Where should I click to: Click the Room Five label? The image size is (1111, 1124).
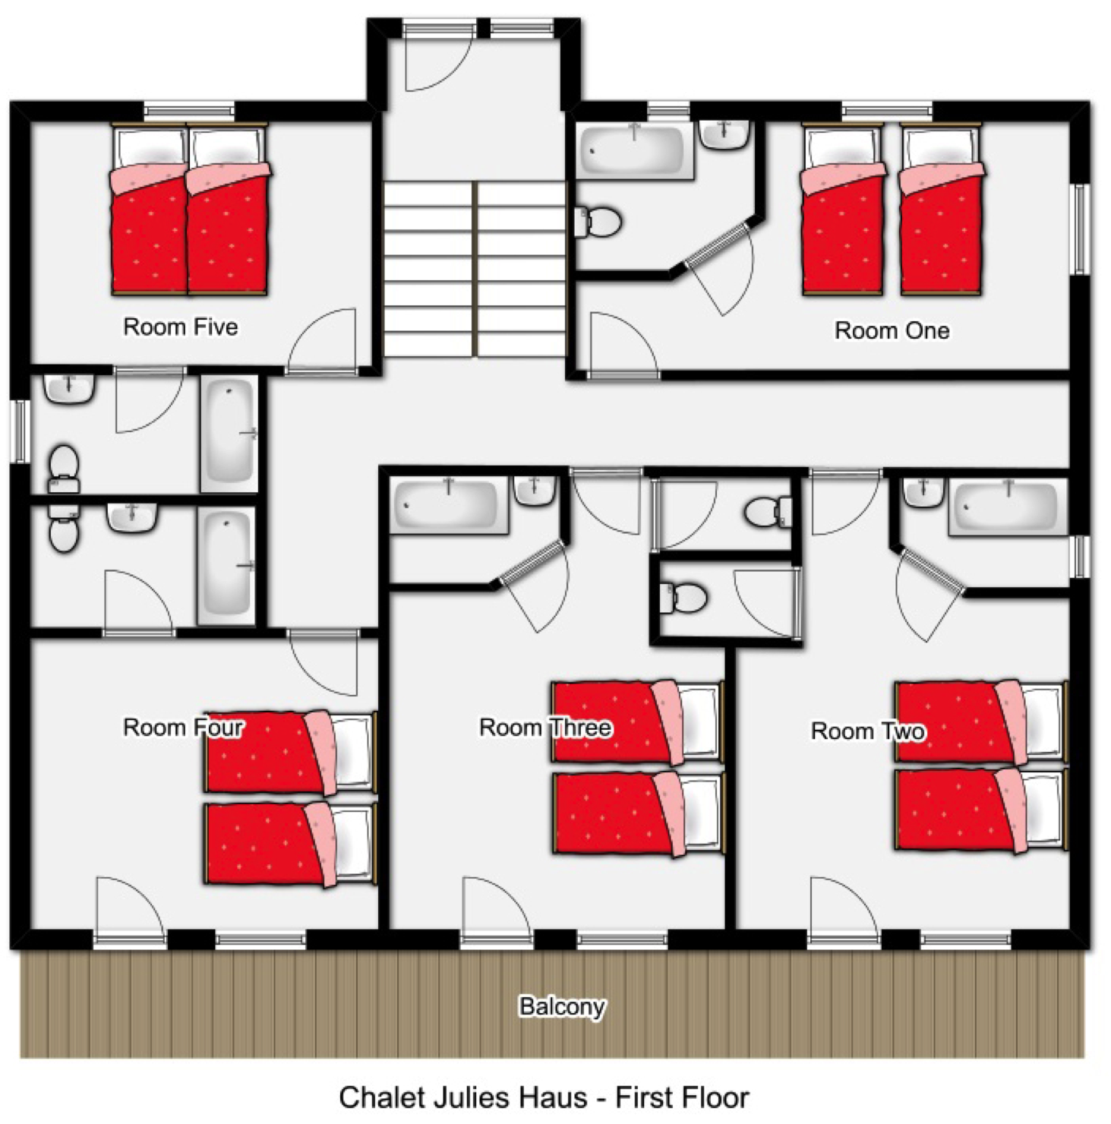[181, 327]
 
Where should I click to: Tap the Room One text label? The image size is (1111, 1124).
[892, 330]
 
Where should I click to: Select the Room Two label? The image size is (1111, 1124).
[868, 731]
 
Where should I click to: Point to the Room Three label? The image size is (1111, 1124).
[545, 727]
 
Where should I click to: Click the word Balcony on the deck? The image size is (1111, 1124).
[562, 1006]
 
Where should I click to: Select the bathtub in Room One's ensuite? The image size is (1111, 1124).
[635, 151]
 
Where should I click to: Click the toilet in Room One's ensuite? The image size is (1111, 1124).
[598, 222]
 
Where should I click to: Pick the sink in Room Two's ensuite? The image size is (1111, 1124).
[923, 491]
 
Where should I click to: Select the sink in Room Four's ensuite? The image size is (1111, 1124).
[132, 516]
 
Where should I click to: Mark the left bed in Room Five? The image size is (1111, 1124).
[150, 210]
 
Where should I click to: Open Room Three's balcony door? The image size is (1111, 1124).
[497, 911]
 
